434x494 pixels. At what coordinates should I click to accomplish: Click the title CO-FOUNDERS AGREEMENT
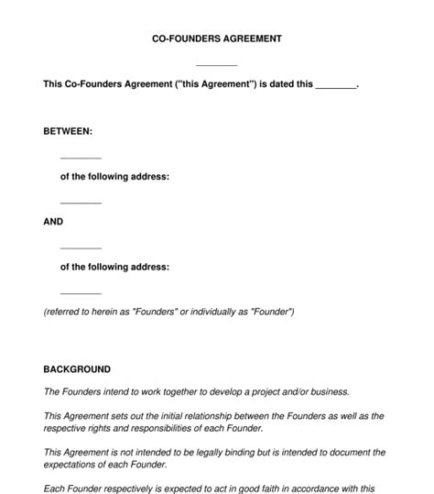point(217,39)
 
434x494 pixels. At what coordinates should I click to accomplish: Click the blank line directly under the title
point(217,64)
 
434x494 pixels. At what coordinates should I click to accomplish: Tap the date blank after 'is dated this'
point(335,86)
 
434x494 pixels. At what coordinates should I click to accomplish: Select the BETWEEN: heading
point(68,132)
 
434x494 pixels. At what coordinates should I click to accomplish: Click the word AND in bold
point(53,222)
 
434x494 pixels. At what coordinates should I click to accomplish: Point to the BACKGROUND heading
point(77,369)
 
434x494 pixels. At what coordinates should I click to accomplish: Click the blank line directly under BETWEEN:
point(81,158)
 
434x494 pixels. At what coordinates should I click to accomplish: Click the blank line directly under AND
point(81,247)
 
